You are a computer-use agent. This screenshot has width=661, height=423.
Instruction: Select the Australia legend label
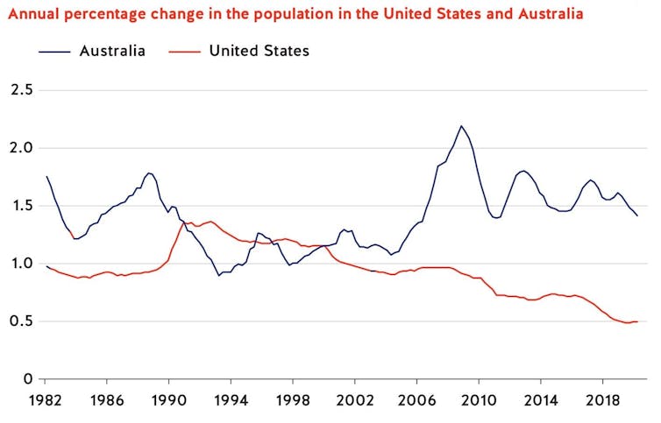(111, 51)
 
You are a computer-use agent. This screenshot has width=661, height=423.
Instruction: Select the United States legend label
(259, 51)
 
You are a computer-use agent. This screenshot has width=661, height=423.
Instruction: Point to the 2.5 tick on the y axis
(20, 90)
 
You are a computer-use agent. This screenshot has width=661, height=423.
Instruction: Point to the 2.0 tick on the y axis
(20, 148)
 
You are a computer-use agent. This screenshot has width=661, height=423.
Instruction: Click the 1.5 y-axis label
(20, 206)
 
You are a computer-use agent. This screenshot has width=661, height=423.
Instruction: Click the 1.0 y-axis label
(20, 264)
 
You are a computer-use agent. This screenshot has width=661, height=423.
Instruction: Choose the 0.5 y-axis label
(20, 321)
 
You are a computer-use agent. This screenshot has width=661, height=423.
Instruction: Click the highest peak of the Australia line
(461, 126)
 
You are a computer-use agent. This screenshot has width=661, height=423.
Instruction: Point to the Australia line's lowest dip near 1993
(219, 275)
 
